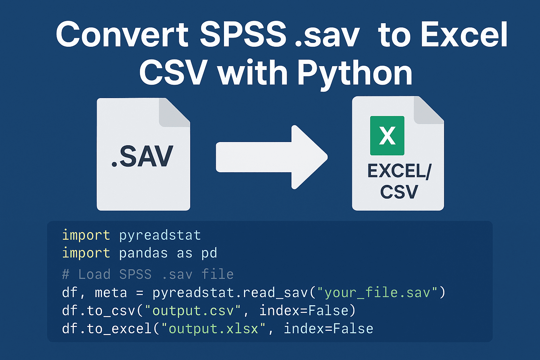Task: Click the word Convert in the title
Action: pyautogui.click(x=122, y=34)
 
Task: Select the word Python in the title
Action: pyautogui.click(x=354, y=73)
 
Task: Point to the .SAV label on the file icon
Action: pyautogui.click(x=142, y=157)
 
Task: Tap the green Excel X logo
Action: pyautogui.click(x=387, y=136)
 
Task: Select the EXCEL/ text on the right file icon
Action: pyautogui.click(x=399, y=171)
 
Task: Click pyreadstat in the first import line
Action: pyautogui.click(x=160, y=235)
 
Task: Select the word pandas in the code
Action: pyautogui.click(x=143, y=253)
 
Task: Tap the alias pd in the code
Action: pyautogui.click(x=209, y=253)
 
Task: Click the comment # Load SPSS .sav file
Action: pyautogui.click(x=148, y=274)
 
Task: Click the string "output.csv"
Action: pyautogui.click(x=193, y=311)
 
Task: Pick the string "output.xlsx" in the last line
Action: pyautogui.click(x=213, y=329)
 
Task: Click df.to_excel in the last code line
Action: pyautogui.click(x=107, y=329)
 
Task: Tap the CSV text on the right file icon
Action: pyautogui.click(x=399, y=192)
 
